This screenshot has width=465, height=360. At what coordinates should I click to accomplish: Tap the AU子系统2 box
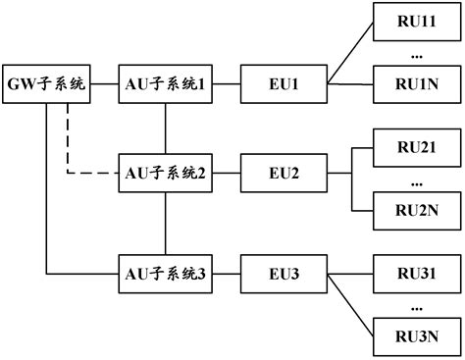tap(165, 174)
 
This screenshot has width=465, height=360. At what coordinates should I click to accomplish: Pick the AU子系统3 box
tap(165, 272)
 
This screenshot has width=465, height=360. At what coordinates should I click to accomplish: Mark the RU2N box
tap(415, 208)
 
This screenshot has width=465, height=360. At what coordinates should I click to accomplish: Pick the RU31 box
tap(415, 272)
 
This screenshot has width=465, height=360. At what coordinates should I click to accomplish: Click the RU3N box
tap(415, 336)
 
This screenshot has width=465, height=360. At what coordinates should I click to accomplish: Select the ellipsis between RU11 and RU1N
tap(415, 55)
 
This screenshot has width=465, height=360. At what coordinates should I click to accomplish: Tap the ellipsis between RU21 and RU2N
tap(415, 180)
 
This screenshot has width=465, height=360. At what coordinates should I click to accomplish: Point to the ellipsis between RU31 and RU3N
tap(415, 306)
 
